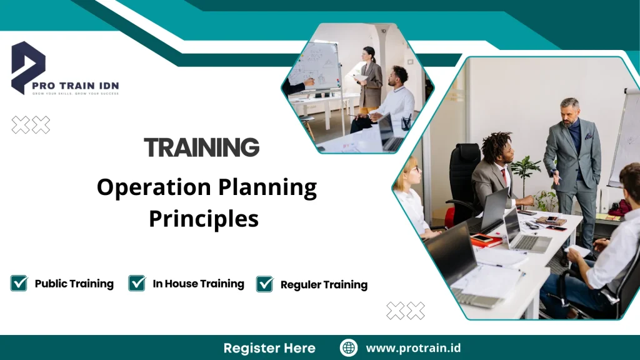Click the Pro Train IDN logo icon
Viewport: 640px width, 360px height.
tap(28, 67)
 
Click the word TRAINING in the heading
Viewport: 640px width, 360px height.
tap(201, 147)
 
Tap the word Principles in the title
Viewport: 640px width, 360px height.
tap(203, 219)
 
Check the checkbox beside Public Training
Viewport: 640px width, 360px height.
tap(19, 283)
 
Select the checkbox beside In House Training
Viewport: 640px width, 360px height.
tap(137, 283)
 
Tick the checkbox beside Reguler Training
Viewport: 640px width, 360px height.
tap(265, 284)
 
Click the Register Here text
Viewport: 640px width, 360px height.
tap(269, 348)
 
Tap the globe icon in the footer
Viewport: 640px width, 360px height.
tap(349, 348)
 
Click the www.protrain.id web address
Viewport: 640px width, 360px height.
tap(413, 348)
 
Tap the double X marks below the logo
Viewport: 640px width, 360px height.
tap(31, 125)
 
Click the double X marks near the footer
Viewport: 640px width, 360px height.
tap(405, 311)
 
